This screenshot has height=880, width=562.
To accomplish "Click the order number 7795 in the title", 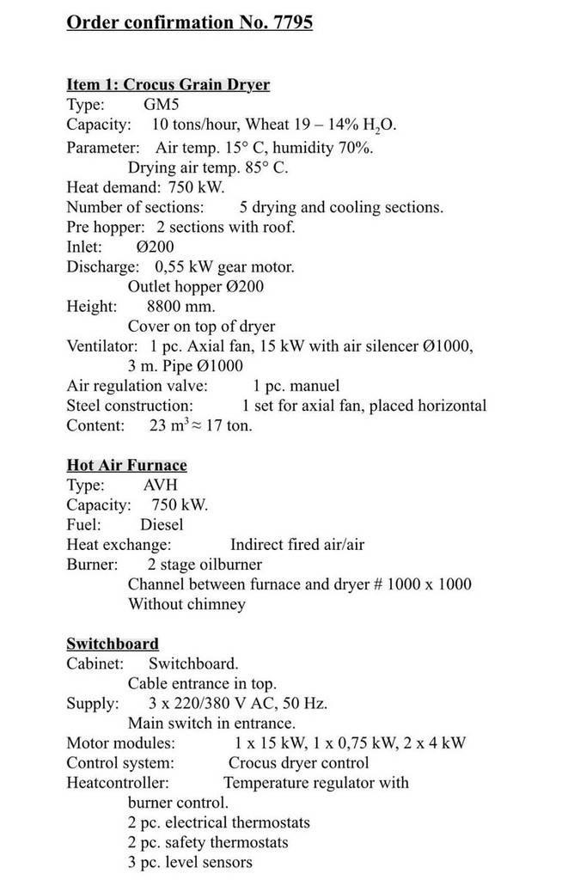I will (x=291, y=22).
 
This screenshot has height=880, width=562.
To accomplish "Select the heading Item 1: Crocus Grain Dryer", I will (x=168, y=84).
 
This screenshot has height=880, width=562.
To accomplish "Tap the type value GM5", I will (x=162, y=105).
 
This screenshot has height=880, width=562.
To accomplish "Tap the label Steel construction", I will (x=130, y=406).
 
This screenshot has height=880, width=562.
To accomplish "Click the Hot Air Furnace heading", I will (x=127, y=465).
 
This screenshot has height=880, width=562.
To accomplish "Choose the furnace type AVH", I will (x=161, y=486).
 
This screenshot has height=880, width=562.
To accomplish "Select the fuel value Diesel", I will (x=162, y=524).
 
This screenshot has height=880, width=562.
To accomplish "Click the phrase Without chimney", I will (x=186, y=604).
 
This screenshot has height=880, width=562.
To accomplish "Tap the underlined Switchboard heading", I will (x=113, y=644).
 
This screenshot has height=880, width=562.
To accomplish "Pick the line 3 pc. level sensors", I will (x=190, y=862).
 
